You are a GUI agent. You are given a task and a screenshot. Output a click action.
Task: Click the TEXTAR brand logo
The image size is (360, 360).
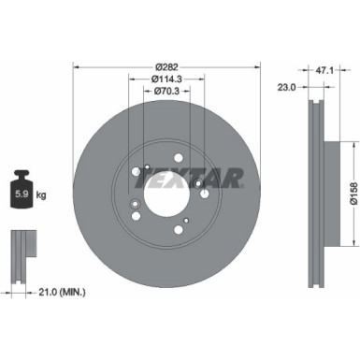click(x=205, y=177)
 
